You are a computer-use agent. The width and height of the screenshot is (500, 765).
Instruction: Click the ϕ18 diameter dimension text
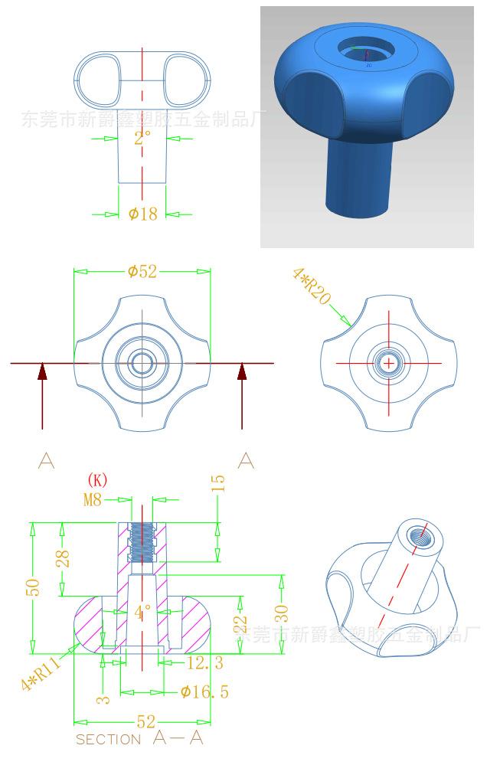tap(142, 214)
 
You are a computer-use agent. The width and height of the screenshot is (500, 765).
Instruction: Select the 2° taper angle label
tap(142, 138)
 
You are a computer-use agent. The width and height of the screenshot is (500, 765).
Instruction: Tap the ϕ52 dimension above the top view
tap(142, 271)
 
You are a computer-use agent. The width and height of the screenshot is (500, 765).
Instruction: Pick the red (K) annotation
tap(97, 480)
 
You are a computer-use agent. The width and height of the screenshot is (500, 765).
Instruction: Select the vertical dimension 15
tap(219, 484)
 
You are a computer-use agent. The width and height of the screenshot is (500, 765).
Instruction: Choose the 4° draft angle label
tap(142, 613)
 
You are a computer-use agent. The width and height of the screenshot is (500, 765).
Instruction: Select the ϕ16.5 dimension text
tap(204, 692)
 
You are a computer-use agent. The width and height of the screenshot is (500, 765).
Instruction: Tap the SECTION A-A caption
tap(139, 738)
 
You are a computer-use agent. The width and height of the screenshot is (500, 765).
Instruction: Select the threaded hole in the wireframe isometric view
tap(418, 535)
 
